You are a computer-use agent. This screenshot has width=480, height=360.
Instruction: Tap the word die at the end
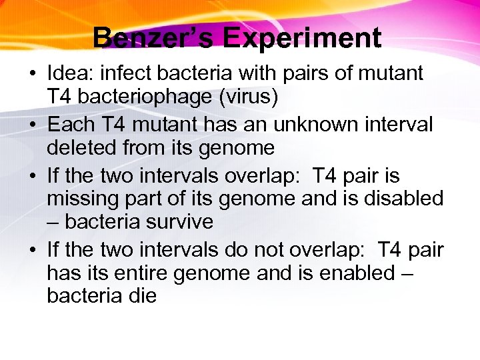[141, 295]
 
